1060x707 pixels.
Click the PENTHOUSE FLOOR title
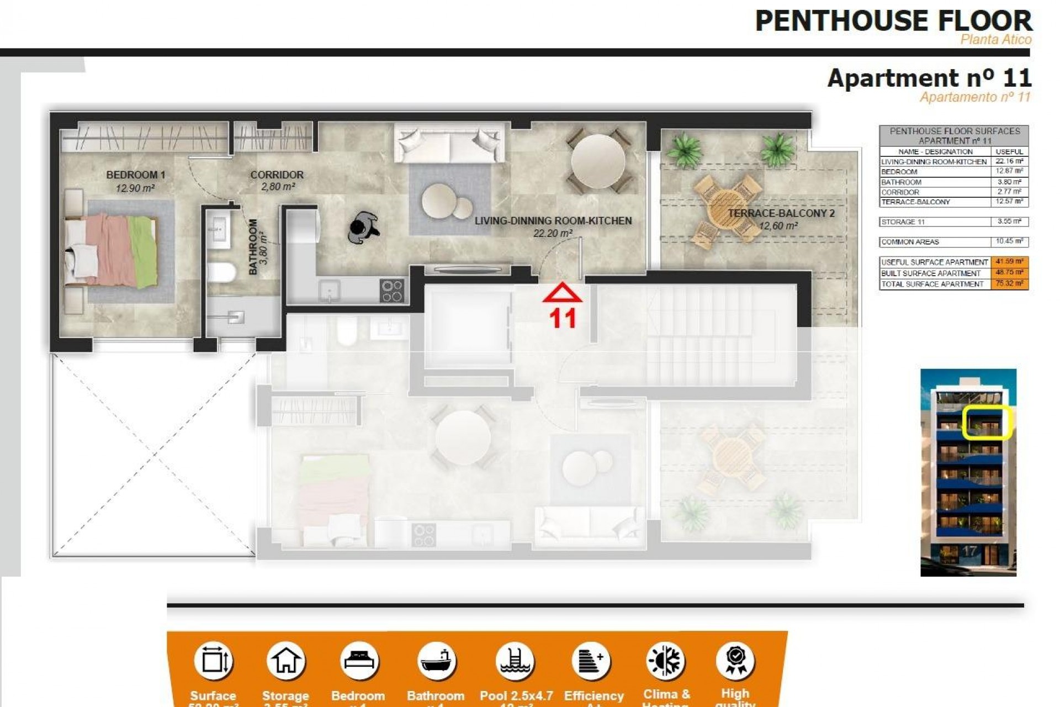[893, 21]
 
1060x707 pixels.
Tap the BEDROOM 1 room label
[135, 175]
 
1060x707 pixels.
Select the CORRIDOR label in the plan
[277, 175]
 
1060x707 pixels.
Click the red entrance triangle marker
[562, 293]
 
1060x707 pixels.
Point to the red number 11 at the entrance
[562, 319]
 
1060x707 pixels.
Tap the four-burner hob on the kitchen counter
[392, 291]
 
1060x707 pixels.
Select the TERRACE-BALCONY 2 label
[781, 213]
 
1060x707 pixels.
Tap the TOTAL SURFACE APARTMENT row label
[932, 284]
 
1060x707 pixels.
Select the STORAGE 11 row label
[903, 222]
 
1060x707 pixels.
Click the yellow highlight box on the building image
[986, 423]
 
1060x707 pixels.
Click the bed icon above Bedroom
[358, 661]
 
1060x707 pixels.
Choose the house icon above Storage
[285, 661]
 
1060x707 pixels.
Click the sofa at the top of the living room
[449, 143]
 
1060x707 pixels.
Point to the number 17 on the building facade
[969, 551]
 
